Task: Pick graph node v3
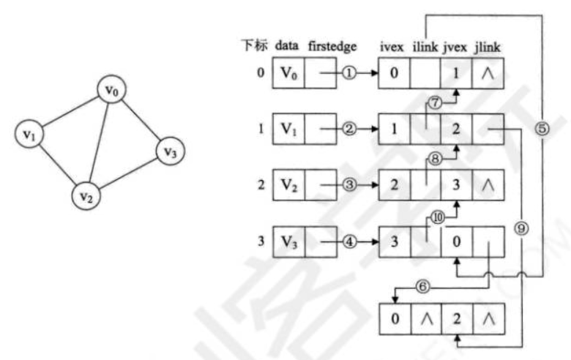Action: point(169,152)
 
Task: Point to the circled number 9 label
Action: point(521,228)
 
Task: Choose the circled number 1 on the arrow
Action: point(349,74)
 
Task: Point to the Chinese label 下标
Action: point(255,45)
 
